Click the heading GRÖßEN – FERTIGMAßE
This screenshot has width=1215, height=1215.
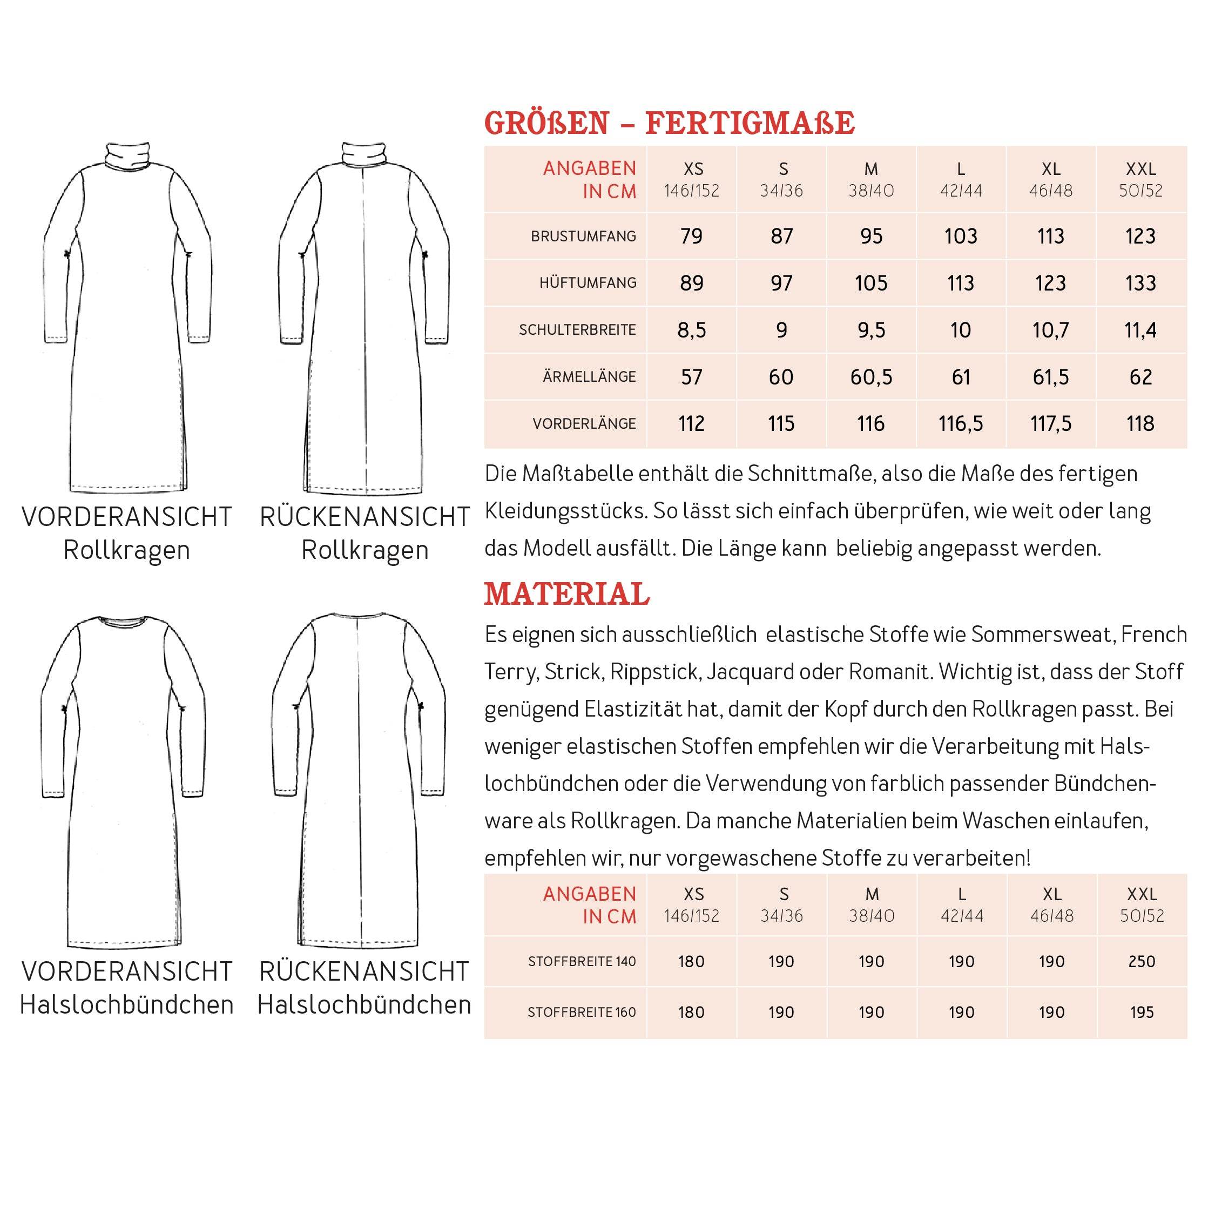(669, 123)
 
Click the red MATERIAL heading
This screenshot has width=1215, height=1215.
(566, 595)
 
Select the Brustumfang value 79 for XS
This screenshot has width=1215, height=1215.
(691, 237)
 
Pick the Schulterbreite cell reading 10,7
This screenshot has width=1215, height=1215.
(1050, 330)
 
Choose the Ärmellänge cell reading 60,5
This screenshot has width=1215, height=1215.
(871, 377)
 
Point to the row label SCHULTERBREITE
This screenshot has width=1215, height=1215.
(577, 330)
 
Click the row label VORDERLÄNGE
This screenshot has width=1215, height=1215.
(584, 424)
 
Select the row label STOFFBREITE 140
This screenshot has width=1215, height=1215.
(582, 962)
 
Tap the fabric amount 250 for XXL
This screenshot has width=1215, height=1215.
(1142, 962)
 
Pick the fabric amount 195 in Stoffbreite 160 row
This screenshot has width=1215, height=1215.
(1142, 1013)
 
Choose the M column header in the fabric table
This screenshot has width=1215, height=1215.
(872, 894)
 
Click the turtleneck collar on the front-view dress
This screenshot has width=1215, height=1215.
(127, 154)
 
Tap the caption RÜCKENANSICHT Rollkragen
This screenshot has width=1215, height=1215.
(364, 534)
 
